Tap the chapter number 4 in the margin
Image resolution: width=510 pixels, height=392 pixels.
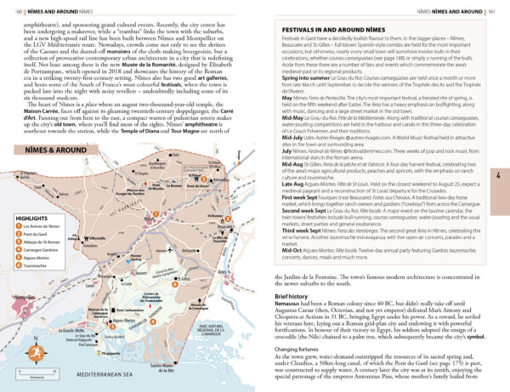pyautogui.click(x=501, y=175)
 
